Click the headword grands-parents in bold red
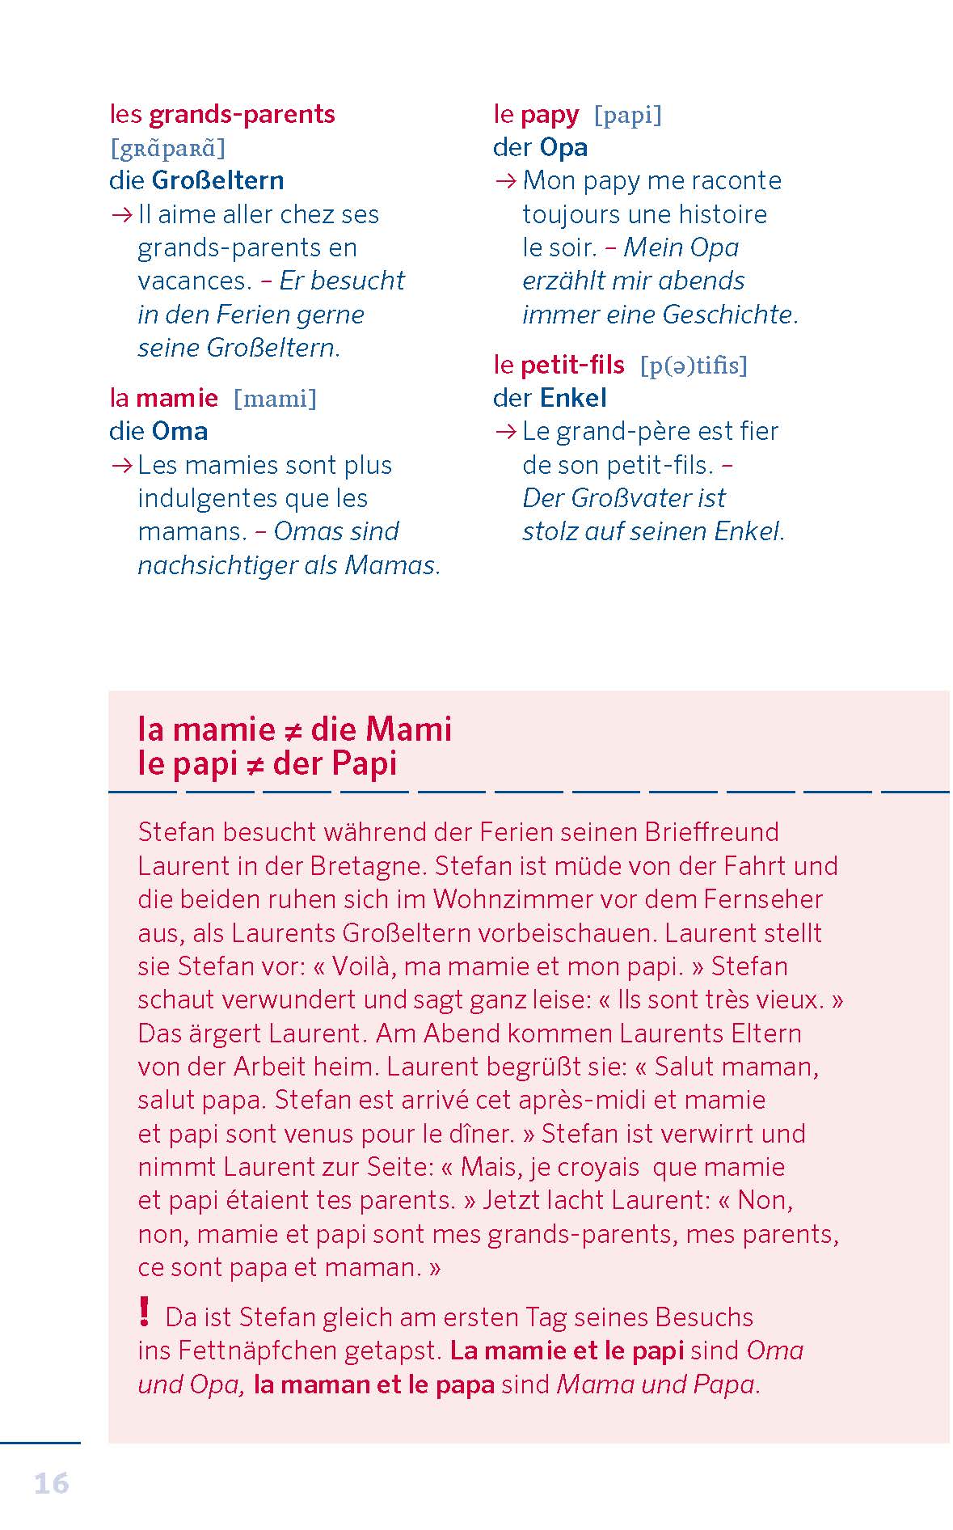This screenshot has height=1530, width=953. (x=242, y=115)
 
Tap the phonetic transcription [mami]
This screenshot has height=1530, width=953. (x=275, y=399)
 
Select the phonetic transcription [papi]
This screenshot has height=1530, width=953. (x=627, y=116)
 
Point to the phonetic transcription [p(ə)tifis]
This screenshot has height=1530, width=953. (x=694, y=366)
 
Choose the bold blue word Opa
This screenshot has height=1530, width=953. (x=563, y=148)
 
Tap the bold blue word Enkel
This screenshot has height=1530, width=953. (x=573, y=398)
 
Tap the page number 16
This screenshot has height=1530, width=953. (x=52, y=1483)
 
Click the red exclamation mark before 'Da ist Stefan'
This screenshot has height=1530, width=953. (x=144, y=1312)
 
